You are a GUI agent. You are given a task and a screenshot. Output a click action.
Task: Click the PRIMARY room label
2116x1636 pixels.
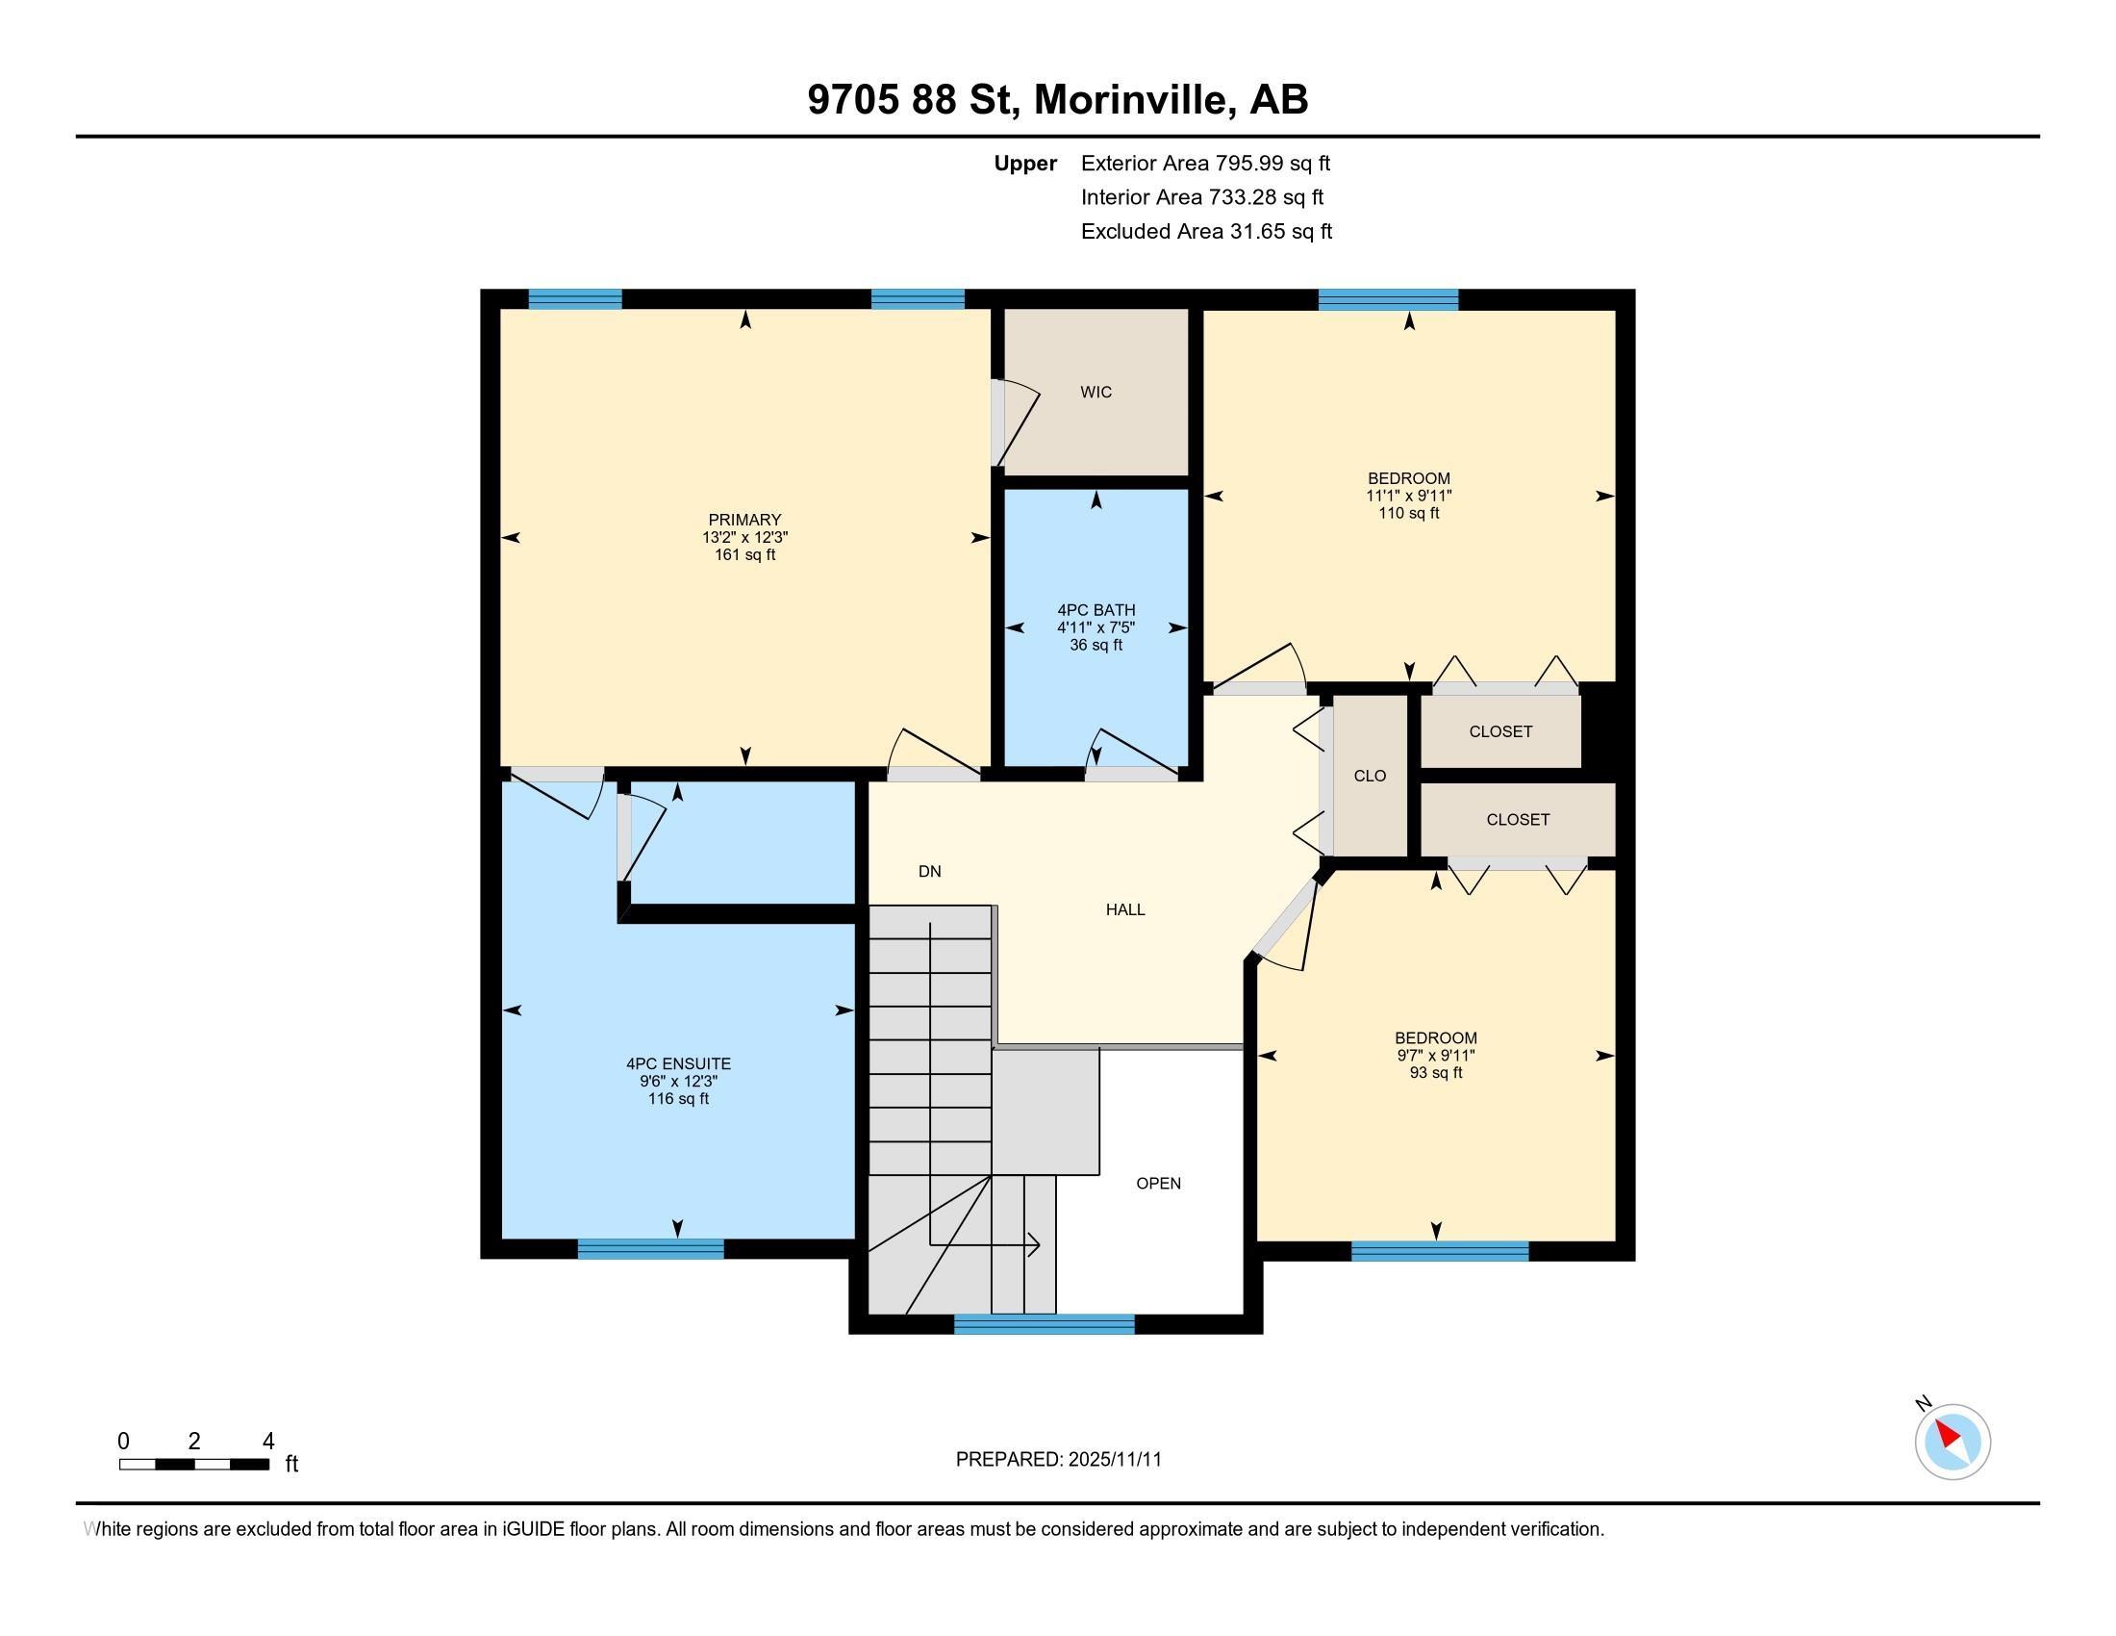pyautogui.click(x=744, y=521)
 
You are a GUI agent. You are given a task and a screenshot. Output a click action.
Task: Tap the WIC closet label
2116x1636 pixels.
pyautogui.click(x=1096, y=393)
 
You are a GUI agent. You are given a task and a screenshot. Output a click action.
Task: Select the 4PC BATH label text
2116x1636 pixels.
pyautogui.click(x=1096, y=610)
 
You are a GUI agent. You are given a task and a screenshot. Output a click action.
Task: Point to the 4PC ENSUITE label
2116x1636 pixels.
pyautogui.click(x=678, y=1064)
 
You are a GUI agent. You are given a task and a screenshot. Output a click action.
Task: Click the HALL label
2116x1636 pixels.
pyautogui.click(x=1125, y=910)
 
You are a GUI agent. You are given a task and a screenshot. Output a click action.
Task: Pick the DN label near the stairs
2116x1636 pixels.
pyautogui.click(x=929, y=872)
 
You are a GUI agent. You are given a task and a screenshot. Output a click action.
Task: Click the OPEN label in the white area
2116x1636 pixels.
pyautogui.click(x=1158, y=1184)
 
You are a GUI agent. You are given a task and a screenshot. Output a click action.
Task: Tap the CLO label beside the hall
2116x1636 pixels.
pyautogui.click(x=1369, y=777)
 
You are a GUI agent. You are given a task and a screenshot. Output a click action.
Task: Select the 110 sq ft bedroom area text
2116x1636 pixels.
pyautogui.click(x=1409, y=514)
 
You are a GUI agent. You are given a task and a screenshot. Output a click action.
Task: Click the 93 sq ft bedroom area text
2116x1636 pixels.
pyautogui.click(x=1436, y=1074)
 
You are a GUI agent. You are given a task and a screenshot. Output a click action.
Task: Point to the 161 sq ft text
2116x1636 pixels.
pyautogui.click(x=744, y=555)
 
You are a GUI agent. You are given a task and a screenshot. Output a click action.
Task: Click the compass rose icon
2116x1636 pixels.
pyautogui.click(x=1952, y=1442)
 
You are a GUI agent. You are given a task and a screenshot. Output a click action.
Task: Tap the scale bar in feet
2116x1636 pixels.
pyautogui.click(x=193, y=1464)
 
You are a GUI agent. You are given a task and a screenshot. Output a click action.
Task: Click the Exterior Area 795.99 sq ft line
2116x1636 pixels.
pyautogui.click(x=1205, y=164)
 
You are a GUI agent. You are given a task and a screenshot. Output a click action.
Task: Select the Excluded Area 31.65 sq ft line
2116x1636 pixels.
pyautogui.click(x=1206, y=232)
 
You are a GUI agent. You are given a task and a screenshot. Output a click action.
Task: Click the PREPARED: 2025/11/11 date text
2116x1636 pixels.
pyautogui.click(x=1058, y=1460)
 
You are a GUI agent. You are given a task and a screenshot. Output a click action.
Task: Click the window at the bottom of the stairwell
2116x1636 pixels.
pyautogui.click(x=1044, y=1324)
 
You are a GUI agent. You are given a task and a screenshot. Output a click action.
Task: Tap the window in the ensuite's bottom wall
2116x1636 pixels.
pyautogui.click(x=650, y=1248)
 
